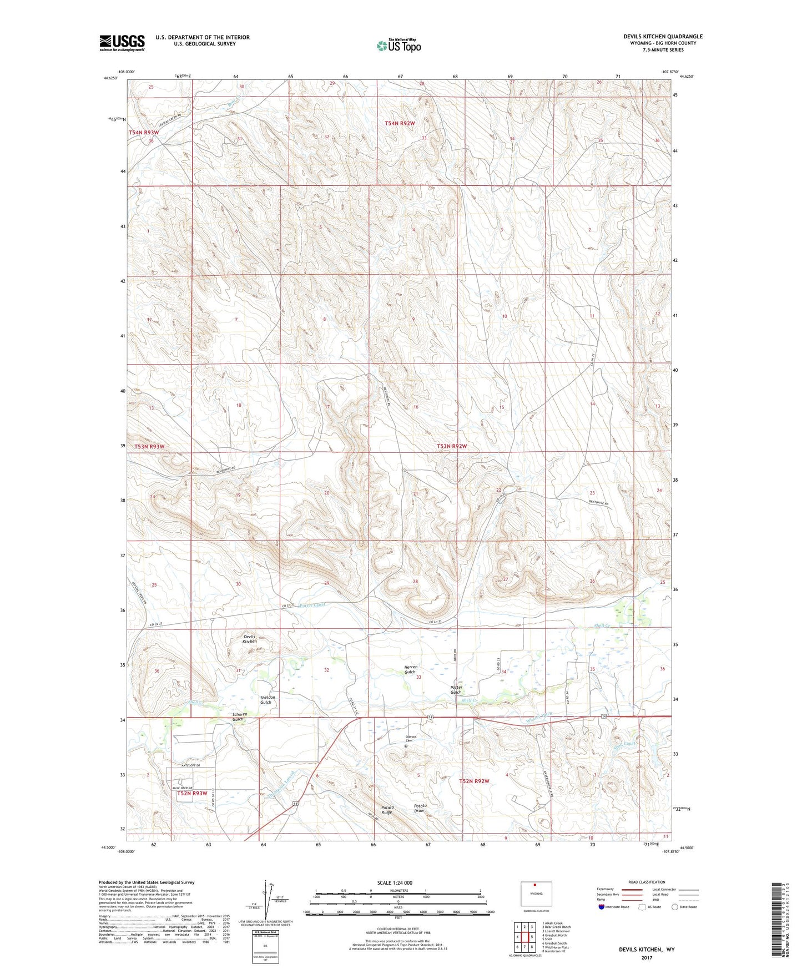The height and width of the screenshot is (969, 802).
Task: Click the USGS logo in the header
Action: [x=122, y=43]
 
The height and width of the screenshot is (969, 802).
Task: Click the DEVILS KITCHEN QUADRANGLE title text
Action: [x=662, y=37]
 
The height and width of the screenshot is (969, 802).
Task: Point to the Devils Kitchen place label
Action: [x=249, y=639]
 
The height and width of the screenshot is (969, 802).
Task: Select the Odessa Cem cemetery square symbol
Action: [x=406, y=746]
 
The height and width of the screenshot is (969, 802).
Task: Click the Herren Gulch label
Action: [x=410, y=669]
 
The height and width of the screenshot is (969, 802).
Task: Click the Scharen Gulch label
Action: [x=240, y=716]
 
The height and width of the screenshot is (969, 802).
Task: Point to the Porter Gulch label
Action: [x=456, y=690]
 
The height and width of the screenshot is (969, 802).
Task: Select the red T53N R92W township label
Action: [x=451, y=446]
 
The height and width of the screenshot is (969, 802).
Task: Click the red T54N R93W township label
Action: [x=144, y=133]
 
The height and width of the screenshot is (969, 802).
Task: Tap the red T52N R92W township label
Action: [x=474, y=781]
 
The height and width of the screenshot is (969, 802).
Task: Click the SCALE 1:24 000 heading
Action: [x=395, y=883]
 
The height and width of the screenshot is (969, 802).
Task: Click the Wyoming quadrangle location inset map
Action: [x=536, y=893]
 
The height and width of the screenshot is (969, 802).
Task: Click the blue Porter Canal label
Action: [x=311, y=605]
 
